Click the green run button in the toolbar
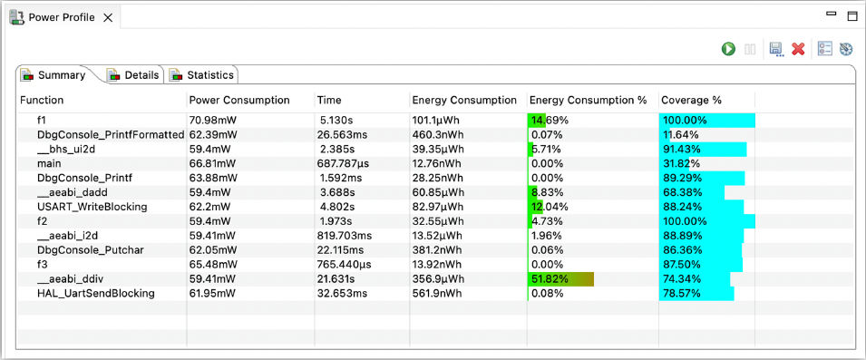tap(728, 49)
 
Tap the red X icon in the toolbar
tap(798, 49)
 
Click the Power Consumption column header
tap(239, 100)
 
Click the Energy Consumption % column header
tap(588, 100)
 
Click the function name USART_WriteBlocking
tap(92, 207)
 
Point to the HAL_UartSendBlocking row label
tap(96, 293)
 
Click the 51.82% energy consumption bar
tap(560, 278)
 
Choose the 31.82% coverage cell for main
tap(681, 163)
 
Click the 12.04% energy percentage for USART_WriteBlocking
tap(548, 207)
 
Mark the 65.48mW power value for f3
tap(212, 264)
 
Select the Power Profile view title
tap(62, 17)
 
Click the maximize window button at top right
tap(851, 16)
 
